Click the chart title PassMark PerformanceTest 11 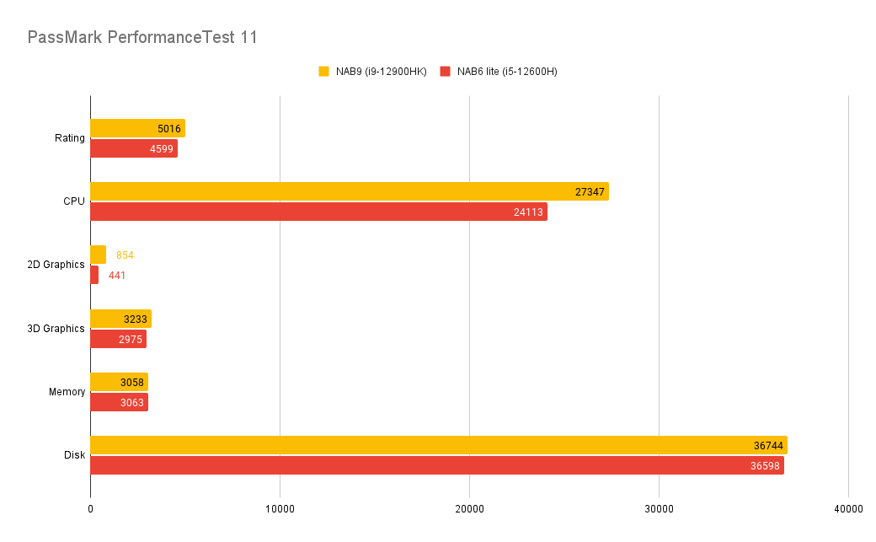point(142,37)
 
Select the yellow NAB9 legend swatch point(323,72)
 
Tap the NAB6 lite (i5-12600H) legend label point(507,72)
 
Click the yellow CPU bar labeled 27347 point(349,191)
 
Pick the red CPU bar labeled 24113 point(318,212)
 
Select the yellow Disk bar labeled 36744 point(438,445)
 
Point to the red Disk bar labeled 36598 point(437,465)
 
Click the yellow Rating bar point(137,128)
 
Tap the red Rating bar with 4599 point(133,148)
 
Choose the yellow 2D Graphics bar point(98,255)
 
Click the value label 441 point(117,276)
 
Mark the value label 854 point(125,255)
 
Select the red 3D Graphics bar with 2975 point(118,339)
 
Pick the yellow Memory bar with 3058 point(119,382)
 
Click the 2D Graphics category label point(56,265)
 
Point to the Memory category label point(67,392)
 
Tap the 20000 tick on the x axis point(469,509)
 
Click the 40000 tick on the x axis point(848,509)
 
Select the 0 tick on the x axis point(90,509)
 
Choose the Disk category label point(74,455)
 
